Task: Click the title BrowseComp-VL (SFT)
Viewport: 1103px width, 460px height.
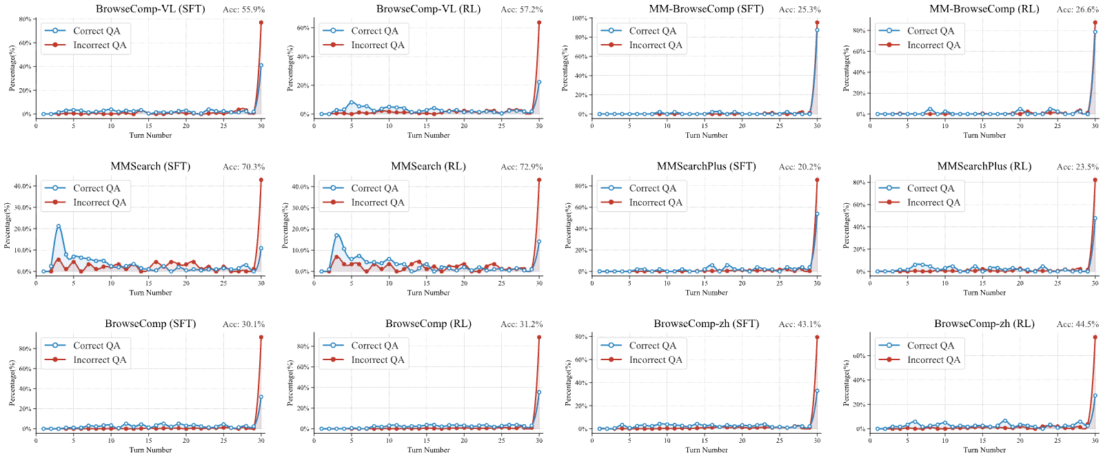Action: pyautogui.click(x=150, y=9)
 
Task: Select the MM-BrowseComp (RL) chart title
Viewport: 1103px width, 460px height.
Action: pyautogui.click(x=984, y=9)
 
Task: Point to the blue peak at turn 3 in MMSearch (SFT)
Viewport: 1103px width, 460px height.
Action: pyautogui.click(x=59, y=227)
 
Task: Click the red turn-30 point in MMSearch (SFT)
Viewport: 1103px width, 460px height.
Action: pyautogui.click(x=261, y=180)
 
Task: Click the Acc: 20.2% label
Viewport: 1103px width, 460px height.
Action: pyautogui.click(x=800, y=167)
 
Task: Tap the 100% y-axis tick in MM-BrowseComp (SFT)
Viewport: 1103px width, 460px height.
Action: pyautogui.click(x=578, y=18)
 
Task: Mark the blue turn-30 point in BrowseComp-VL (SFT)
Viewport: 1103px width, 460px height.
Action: pyautogui.click(x=261, y=65)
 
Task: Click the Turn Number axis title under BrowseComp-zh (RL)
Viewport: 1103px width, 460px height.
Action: pyautogui.click(x=984, y=450)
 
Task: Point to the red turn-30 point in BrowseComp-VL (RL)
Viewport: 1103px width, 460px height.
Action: pyautogui.click(x=539, y=23)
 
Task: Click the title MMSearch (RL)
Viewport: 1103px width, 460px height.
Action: pyautogui.click(x=428, y=166)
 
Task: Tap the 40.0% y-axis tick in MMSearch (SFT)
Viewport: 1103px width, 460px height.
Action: pyautogui.click(x=23, y=186)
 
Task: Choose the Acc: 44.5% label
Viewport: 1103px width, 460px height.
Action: pyautogui.click(x=1077, y=324)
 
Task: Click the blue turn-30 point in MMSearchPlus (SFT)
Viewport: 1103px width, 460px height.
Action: pyautogui.click(x=818, y=214)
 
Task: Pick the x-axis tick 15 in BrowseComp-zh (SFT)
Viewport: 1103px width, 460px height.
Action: pyautogui.click(x=705, y=440)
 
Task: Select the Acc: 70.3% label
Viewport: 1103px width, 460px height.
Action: pyautogui.click(x=244, y=167)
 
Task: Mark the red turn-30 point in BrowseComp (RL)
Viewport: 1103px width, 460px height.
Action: pyautogui.click(x=539, y=337)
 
